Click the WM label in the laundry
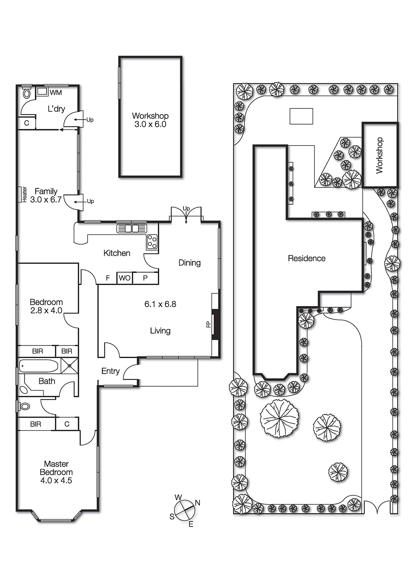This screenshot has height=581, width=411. pyautogui.click(x=56, y=93)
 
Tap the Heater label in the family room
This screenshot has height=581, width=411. pyautogui.click(x=25, y=194)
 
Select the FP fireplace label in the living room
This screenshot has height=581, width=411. pyautogui.click(x=209, y=324)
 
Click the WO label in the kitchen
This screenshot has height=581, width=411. pyautogui.click(x=124, y=278)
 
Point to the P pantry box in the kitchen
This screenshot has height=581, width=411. pyautogui.click(x=145, y=278)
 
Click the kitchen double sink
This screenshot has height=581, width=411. pyautogui.click(x=132, y=228)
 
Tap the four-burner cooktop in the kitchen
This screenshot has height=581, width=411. pyautogui.click(x=152, y=242)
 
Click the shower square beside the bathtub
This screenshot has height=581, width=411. pyautogui.click(x=69, y=366)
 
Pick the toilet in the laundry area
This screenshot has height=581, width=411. pyautogui.click(x=27, y=94)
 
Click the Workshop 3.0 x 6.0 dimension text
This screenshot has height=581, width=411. pyautogui.click(x=150, y=124)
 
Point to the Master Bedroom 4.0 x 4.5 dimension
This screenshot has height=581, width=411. pyautogui.click(x=56, y=480)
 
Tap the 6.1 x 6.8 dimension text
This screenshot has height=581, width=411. pyautogui.click(x=160, y=304)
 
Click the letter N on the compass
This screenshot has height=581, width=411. pyautogui.click(x=198, y=503)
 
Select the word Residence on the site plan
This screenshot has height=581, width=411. pyautogui.click(x=306, y=259)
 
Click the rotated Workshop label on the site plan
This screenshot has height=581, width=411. pyautogui.click(x=379, y=155)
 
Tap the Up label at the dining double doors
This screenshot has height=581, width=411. pyautogui.click(x=186, y=208)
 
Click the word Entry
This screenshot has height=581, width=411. pyautogui.click(x=110, y=371)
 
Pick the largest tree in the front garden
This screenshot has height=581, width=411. pyautogui.click(x=279, y=418)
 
